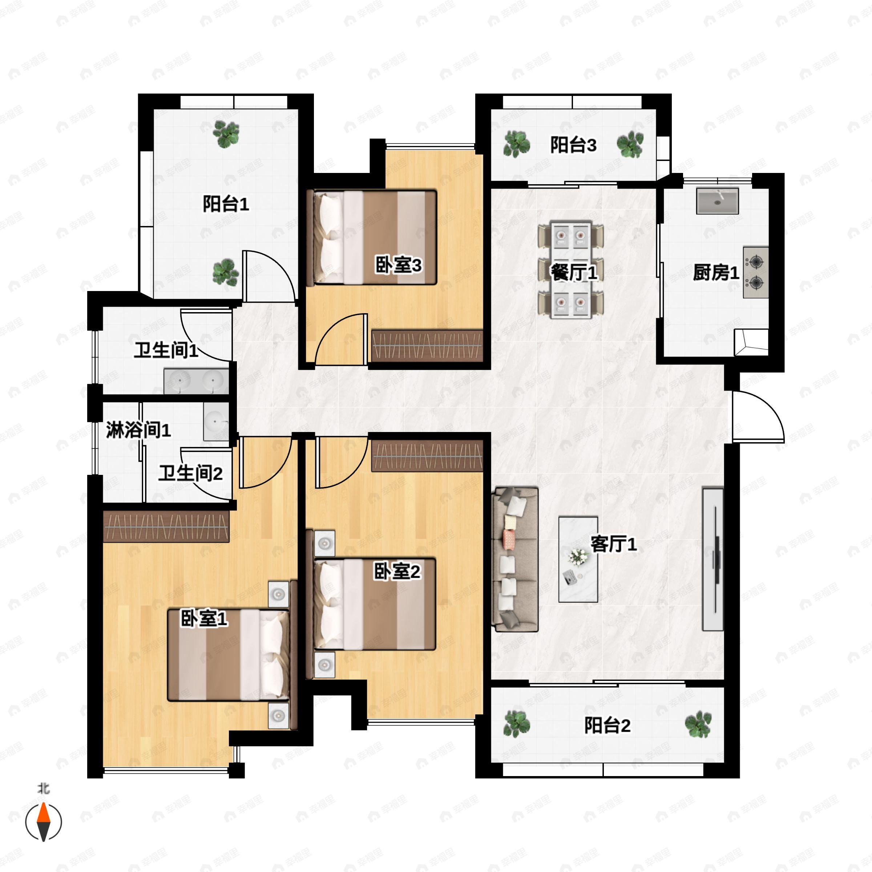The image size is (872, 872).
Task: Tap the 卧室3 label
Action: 399,265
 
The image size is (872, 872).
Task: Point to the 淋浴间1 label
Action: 138,430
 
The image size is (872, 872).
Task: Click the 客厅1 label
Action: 614,544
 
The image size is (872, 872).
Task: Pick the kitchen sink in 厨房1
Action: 717,201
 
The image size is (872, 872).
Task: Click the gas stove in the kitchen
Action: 756,272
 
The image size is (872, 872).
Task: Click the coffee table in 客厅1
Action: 578,560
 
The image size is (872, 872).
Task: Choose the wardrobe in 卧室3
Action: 427,346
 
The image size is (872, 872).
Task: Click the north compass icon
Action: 43,821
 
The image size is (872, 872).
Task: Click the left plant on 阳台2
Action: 517,724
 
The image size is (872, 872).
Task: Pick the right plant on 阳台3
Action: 630,145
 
